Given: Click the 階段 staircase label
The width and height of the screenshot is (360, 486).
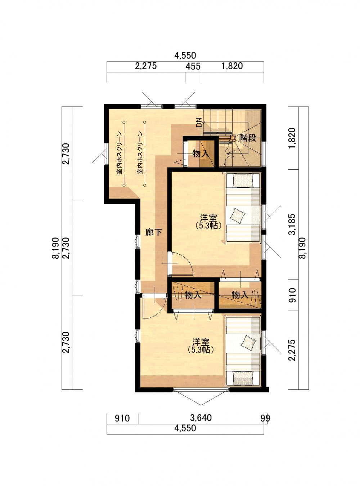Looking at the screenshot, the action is point(248,138).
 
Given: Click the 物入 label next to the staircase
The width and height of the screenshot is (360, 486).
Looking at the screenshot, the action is point(201,154).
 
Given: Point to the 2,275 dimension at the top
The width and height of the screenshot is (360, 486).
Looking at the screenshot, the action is point(146,66).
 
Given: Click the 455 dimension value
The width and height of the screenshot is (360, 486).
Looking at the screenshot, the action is point(193,66).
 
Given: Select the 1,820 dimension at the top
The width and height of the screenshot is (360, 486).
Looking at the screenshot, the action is point(232,66).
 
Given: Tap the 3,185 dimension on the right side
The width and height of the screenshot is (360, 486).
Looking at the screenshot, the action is point(293,224).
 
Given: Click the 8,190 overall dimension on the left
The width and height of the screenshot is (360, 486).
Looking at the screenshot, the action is point(56,248).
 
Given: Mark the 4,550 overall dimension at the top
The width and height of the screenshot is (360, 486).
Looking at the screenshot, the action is point(185,55).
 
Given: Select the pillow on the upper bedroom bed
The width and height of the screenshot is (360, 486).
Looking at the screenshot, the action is point(244,180).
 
